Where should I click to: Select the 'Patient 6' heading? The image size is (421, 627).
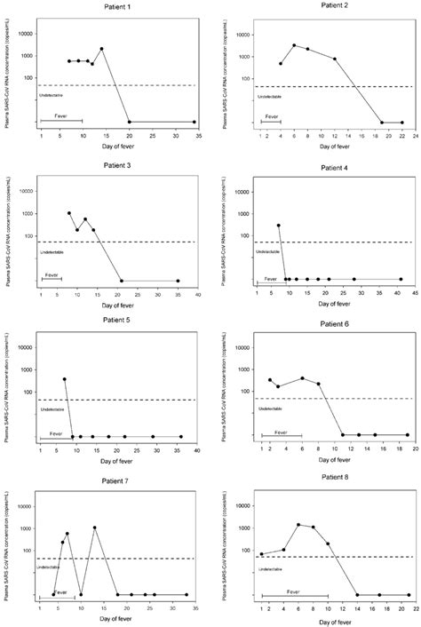pos(334,327)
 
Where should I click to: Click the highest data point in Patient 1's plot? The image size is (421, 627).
pos(102,49)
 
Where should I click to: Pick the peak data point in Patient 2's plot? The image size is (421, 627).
pos(294,45)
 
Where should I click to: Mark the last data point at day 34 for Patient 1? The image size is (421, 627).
pos(195,122)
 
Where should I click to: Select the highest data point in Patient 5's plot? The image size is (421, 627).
pos(64,379)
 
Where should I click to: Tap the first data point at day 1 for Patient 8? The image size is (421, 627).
pos(261,554)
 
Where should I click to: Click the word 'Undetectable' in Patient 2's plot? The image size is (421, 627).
pos(270,91)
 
